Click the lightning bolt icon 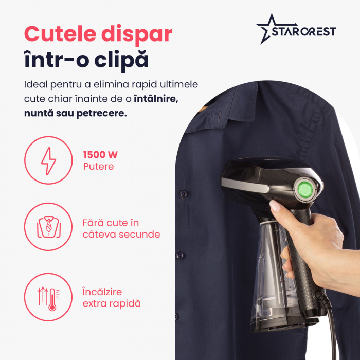click(x=49, y=160)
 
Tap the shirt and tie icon click(x=49, y=227)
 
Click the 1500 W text click(x=100, y=155)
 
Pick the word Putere click(x=98, y=167)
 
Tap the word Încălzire click(x=102, y=292)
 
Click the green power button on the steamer click(x=304, y=189)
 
